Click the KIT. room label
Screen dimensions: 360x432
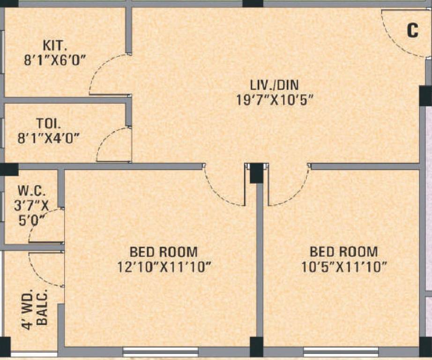[x=55, y=46]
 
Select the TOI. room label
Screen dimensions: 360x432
[x=48, y=124]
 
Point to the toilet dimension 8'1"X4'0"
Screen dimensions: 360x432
[x=48, y=138]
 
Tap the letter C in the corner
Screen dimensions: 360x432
[x=412, y=31]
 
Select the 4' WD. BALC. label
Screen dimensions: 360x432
[x=35, y=310]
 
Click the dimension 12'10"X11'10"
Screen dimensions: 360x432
[x=164, y=267]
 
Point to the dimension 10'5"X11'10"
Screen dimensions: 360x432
[x=344, y=267]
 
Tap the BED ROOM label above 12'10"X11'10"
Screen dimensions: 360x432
[x=164, y=252]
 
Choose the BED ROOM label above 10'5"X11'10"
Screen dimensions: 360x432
[x=343, y=252]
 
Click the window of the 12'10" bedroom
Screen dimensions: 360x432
[x=161, y=351]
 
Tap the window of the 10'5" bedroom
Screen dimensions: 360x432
[x=341, y=351]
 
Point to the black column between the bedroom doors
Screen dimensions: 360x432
[x=256, y=173]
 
